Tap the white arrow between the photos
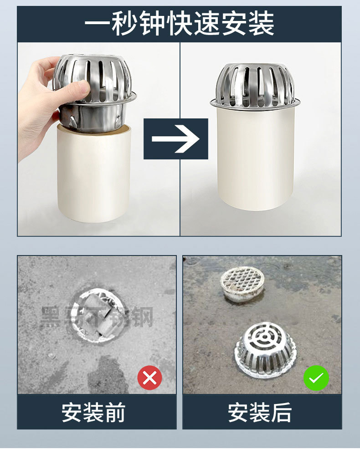click(x=175, y=138)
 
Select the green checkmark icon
click(x=316, y=377)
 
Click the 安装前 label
click(x=93, y=412)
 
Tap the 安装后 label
click(x=260, y=412)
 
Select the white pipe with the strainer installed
click(x=255, y=159)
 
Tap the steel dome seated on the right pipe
click(x=255, y=84)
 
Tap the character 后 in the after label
click(x=281, y=412)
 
